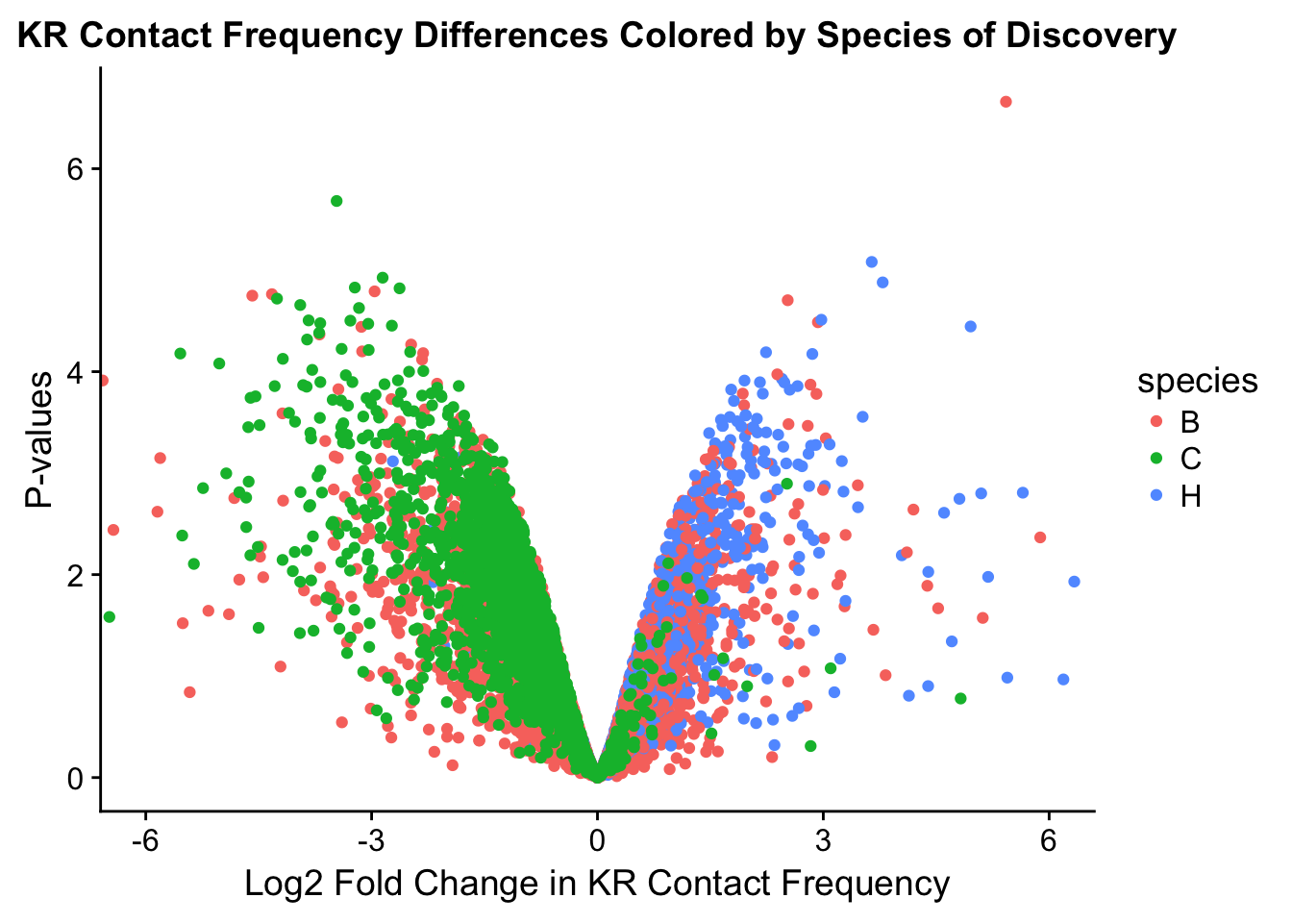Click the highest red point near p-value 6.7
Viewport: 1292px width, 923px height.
coord(1006,102)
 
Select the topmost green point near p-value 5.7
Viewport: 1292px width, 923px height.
coord(336,201)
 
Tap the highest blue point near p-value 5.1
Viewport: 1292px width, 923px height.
coord(872,262)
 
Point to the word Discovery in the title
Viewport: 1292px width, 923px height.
coord(1091,37)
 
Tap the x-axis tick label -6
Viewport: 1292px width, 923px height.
coord(145,841)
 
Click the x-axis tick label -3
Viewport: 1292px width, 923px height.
coord(371,841)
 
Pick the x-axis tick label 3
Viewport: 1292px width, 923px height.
coord(823,841)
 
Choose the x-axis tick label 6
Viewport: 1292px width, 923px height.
coord(1049,841)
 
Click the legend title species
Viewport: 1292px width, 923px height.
coord(1197,382)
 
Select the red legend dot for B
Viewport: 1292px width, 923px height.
coord(1156,422)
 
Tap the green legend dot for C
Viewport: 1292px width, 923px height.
coord(1156,459)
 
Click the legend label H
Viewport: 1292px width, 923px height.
coord(1190,496)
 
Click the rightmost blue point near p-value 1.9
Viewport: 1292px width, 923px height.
coord(1074,582)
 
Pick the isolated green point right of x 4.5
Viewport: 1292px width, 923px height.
coord(960,698)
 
